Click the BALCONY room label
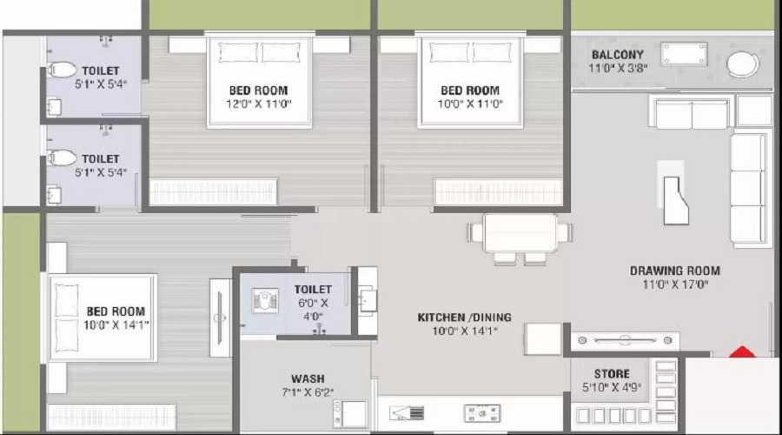pos(618,55)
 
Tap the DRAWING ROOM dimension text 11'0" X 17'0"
pos(675,284)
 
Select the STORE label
pos(612,373)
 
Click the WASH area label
pos(308,378)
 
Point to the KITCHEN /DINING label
pos(464,318)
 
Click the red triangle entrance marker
pos(743,351)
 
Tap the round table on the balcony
pos(743,64)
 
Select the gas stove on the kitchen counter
pos(481,413)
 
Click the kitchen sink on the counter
pos(407,413)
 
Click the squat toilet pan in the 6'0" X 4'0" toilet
pos(265,300)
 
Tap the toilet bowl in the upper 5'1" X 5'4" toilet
pos(62,70)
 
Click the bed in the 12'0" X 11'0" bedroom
pos(259,82)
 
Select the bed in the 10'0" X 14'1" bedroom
pos(103,318)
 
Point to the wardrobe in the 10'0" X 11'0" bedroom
pos(498,191)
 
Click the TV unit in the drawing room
pos(625,341)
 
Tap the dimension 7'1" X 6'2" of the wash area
pos(308,392)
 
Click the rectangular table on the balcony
pos(684,54)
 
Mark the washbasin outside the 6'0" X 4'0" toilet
pos(368,301)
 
